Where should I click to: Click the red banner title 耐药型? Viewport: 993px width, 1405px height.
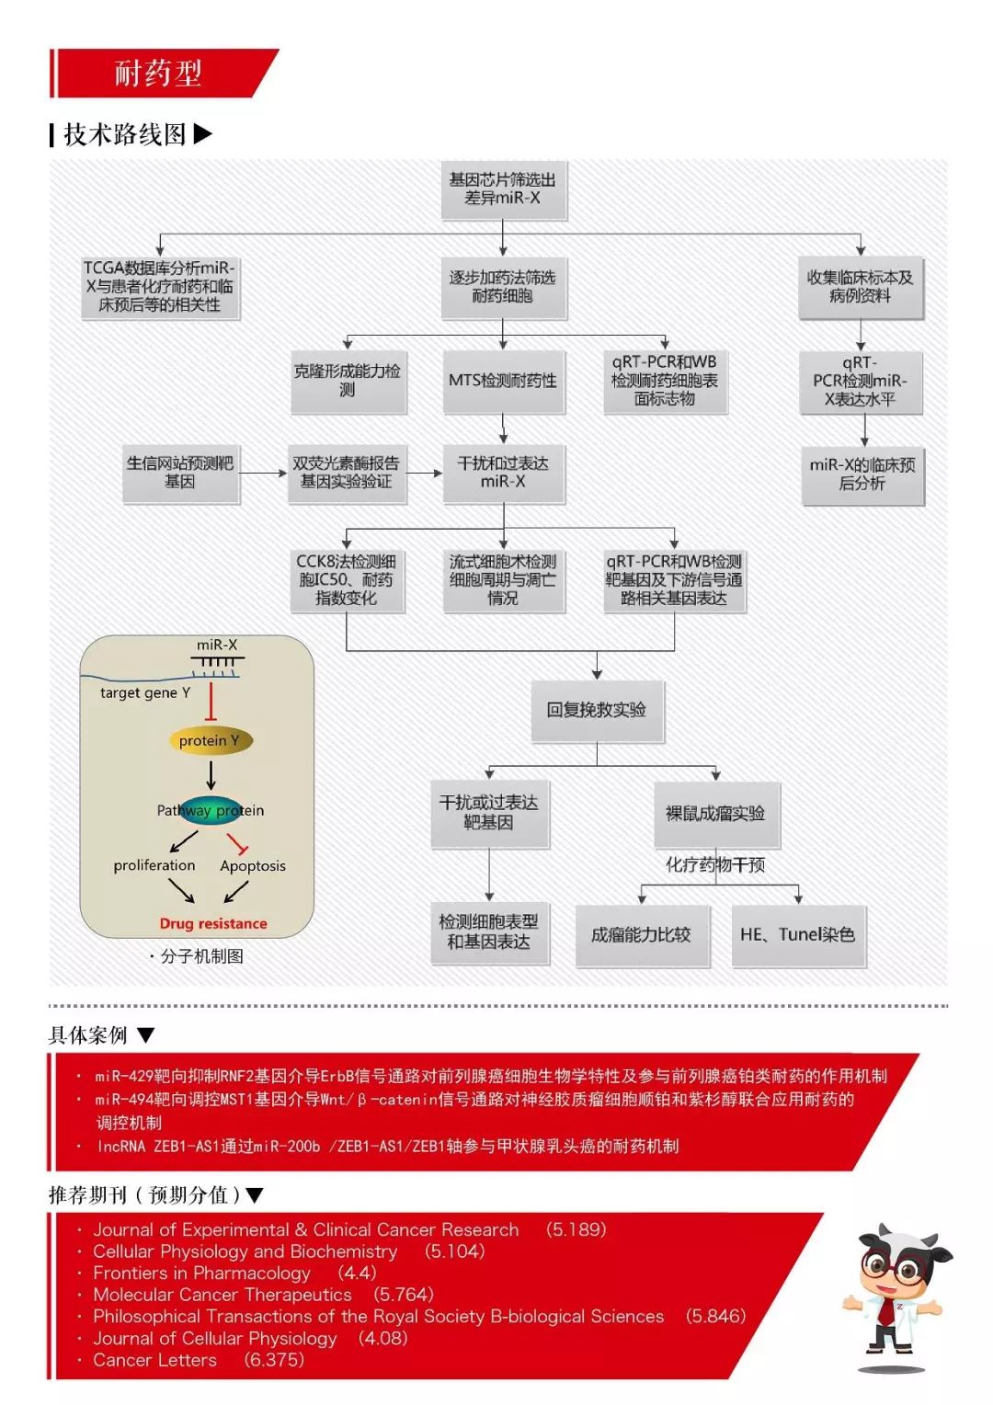pyautogui.click(x=157, y=74)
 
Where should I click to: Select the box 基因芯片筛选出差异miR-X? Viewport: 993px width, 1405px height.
pyautogui.click(x=503, y=189)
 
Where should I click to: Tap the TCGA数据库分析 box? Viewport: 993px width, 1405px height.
pyautogui.click(x=159, y=287)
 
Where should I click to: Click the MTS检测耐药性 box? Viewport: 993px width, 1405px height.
pyautogui.click(x=503, y=381)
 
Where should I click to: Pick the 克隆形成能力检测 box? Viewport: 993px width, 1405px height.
pyautogui.click(x=348, y=381)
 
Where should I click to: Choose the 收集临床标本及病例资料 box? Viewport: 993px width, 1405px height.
pyautogui.click(x=860, y=287)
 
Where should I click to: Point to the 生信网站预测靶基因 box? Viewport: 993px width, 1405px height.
pyautogui.click(x=180, y=473)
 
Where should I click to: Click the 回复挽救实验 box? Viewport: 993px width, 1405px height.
pyautogui.click(x=597, y=710)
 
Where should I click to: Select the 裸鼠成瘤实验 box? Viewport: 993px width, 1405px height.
pyautogui.click(x=715, y=814)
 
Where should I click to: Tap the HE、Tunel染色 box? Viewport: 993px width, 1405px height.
pyautogui.click(x=797, y=935)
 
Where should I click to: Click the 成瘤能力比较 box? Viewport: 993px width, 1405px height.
pyautogui.click(x=642, y=935)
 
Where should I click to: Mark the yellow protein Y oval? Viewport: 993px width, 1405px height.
pyautogui.click(x=210, y=741)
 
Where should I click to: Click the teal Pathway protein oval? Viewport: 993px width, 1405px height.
pyautogui.click(x=211, y=810)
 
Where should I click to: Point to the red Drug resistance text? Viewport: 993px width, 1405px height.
pyautogui.click(x=213, y=923)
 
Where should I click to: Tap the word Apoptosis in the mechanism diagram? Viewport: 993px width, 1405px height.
pyautogui.click(x=253, y=866)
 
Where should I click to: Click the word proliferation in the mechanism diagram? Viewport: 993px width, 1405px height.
pyautogui.click(x=154, y=865)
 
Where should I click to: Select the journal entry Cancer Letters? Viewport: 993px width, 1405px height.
pyautogui.click(x=155, y=1360)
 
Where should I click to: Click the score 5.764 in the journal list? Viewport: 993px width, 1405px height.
pyautogui.click(x=404, y=1295)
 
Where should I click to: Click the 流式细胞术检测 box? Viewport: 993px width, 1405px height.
pyautogui.click(x=503, y=579)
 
